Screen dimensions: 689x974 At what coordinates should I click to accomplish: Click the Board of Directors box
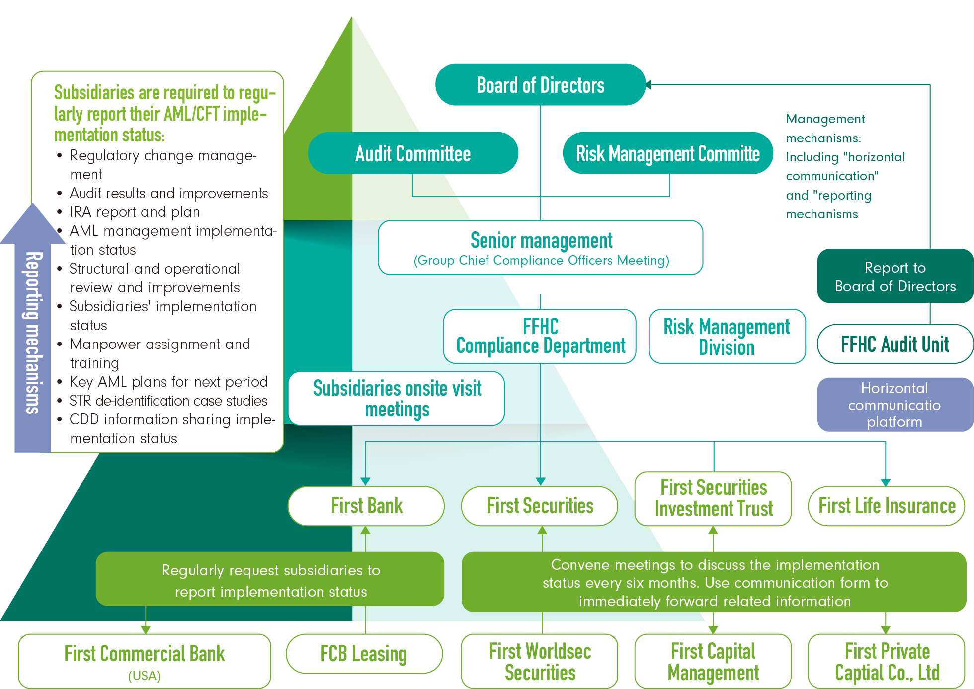(x=540, y=85)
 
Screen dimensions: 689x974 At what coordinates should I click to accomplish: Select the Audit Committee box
(x=413, y=153)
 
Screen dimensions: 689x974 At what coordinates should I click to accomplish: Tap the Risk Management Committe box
(x=668, y=153)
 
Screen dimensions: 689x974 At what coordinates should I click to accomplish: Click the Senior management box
(x=541, y=248)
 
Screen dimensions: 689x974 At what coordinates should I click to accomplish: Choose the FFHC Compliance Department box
(x=540, y=336)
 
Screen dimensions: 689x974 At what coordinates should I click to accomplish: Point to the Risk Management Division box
(x=727, y=337)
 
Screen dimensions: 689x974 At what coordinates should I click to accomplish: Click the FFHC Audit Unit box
(x=894, y=344)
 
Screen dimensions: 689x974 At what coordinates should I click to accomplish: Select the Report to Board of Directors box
(x=894, y=276)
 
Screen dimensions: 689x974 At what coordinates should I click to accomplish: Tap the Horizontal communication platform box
(x=894, y=405)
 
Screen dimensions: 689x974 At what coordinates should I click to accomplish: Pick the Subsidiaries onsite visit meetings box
(x=397, y=399)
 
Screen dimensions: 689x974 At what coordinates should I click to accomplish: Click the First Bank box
(x=366, y=506)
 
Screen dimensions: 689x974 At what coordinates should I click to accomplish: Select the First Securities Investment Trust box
(x=713, y=498)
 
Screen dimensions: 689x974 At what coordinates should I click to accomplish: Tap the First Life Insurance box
(x=887, y=506)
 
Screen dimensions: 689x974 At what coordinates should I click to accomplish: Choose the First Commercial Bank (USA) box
(x=145, y=661)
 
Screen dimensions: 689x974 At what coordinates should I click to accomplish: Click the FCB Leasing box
(x=364, y=654)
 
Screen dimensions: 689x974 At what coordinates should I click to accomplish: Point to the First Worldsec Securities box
(x=540, y=661)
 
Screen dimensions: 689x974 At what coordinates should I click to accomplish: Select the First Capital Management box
(x=713, y=661)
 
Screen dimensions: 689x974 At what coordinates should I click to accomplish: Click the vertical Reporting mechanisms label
(x=33, y=333)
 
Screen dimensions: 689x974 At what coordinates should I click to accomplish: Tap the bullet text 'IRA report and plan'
(x=135, y=212)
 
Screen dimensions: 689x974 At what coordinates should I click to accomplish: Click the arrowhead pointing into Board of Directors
(x=649, y=85)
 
